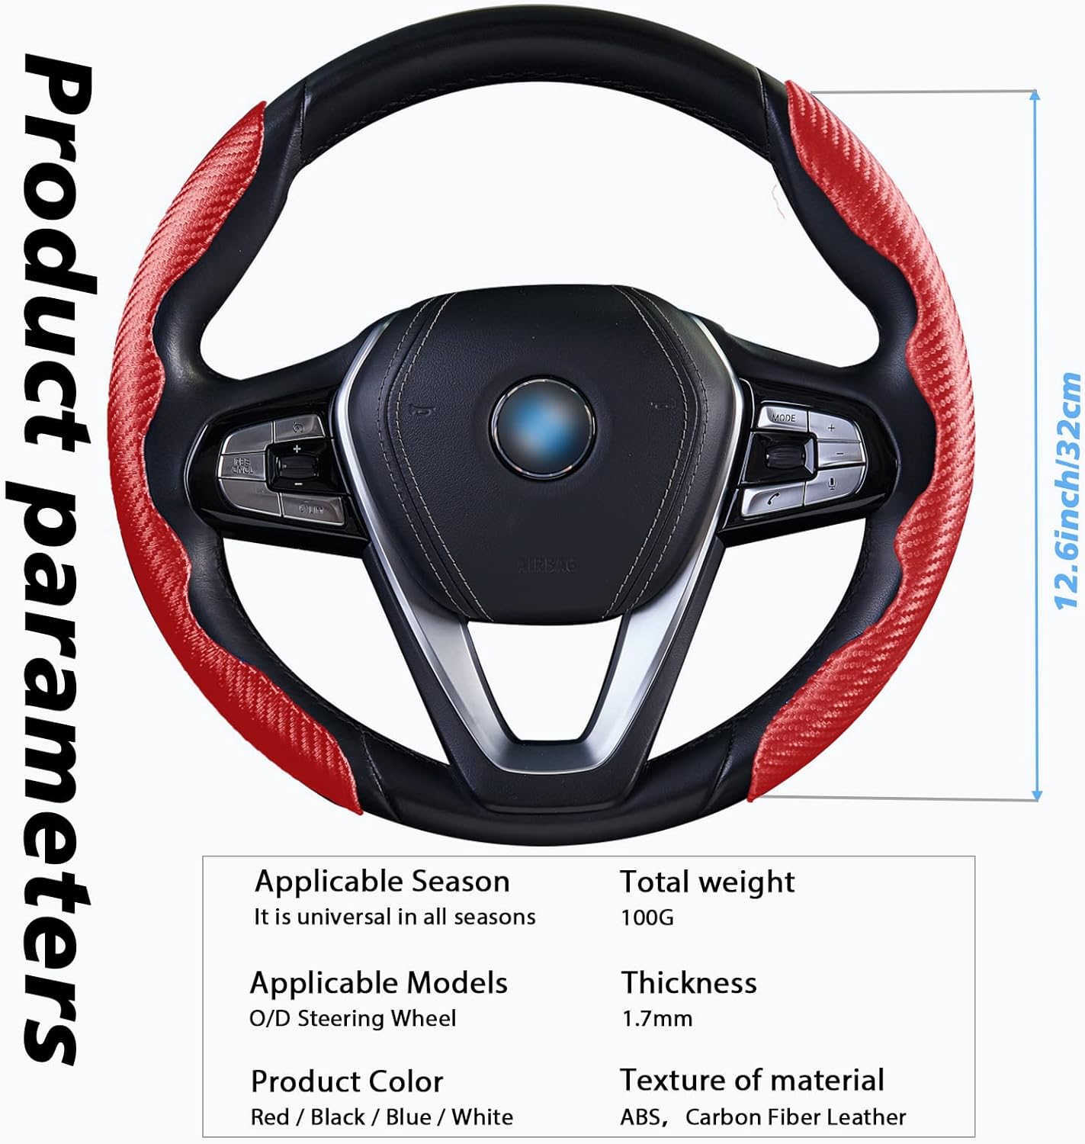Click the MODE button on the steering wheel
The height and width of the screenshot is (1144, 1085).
pos(782,418)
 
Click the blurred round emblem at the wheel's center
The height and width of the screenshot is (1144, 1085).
pos(543,428)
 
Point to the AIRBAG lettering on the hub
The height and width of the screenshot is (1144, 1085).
pos(547,564)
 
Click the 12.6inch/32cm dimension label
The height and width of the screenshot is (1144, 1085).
pos(1067,491)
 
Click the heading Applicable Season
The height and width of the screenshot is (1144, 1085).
pos(382,882)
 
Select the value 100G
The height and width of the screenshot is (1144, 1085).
pos(647,917)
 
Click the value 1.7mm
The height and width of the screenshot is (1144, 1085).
pos(656,1018)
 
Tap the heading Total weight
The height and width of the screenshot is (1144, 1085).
pos(707,882)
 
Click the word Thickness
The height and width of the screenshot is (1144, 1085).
pos(689,983)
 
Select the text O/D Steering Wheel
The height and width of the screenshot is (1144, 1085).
pos(352,1018)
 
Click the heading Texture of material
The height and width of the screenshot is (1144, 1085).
pos(752,1080)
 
